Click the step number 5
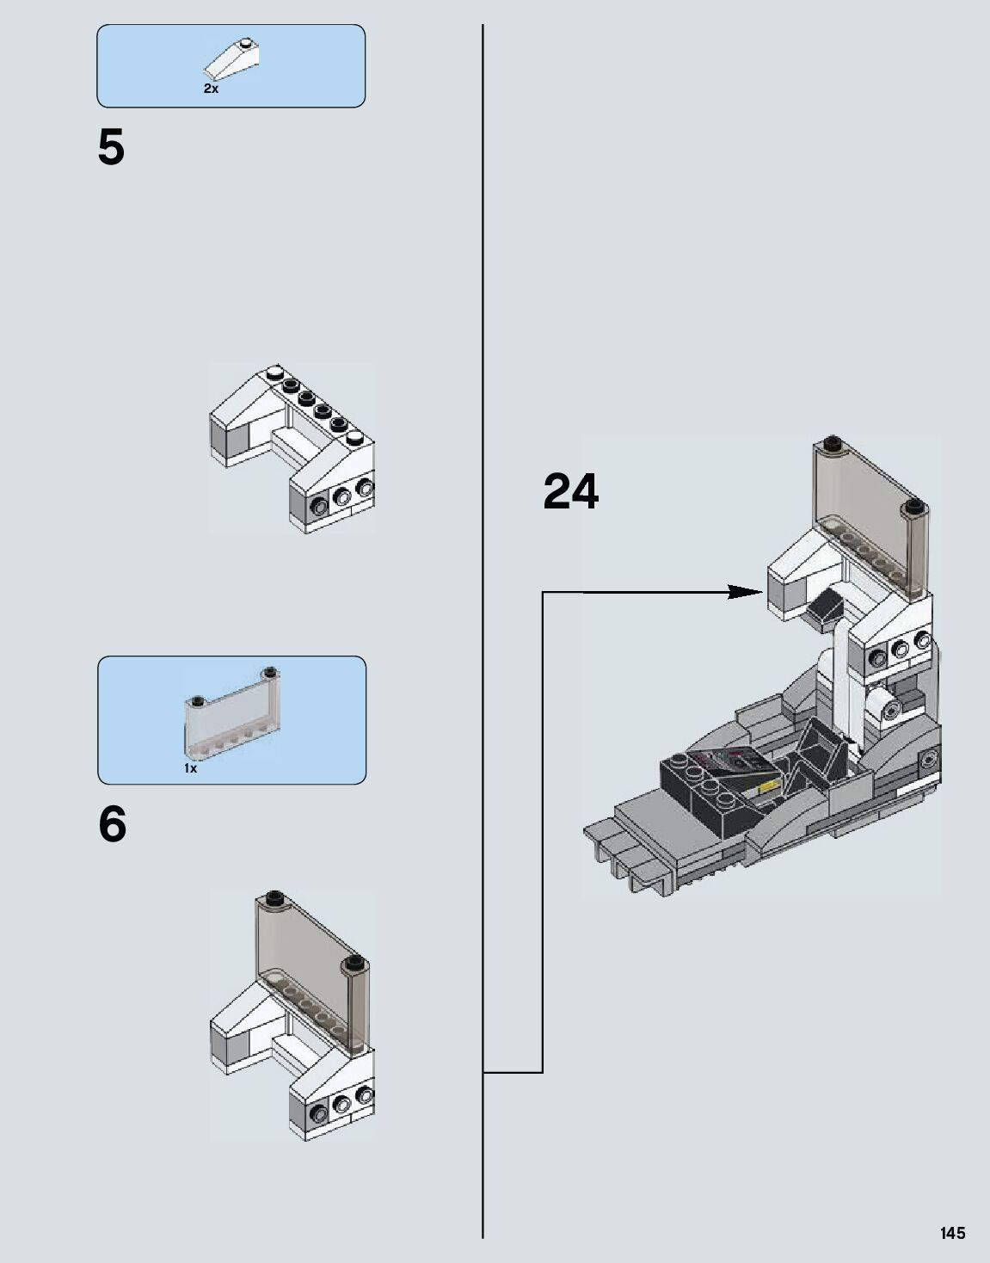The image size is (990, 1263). pyautogui.click(x=111, y=148)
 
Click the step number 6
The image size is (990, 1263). pyautogui.click(x=113, y=825)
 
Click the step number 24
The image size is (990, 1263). pyautogui.click(x=570, y=493)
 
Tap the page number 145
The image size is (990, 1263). pyautogui.click(x=952, y=1233)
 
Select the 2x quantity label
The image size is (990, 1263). pyautogui.click(x=211, y=89)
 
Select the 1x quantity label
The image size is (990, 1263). pyautogui.click(x=190, y=768)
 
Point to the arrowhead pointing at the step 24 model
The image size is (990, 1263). pyautogui.click(x=745, y=592)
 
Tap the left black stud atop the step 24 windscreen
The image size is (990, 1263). pyautogui.click(x=831, y=445)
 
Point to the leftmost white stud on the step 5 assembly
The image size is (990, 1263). pyautogui.click(x=274, y=373)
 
